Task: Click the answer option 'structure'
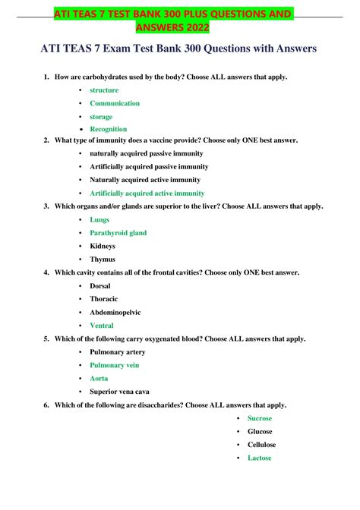point(104,90)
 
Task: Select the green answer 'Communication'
point(115,103)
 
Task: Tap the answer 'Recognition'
point(109,129)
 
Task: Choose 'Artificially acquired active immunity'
point(147,193)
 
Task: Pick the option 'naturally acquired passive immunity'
point(146,153)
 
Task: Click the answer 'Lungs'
point(99,219)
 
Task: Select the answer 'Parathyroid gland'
point(118,233)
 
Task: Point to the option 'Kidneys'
point(103,246)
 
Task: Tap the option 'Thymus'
point(102,259)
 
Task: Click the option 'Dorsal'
point(100,285)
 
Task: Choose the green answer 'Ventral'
point(102,326)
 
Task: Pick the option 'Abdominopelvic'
point(115,312)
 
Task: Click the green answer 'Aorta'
point(99,378)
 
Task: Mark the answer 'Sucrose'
point(260,418)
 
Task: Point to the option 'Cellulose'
point(261,445)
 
